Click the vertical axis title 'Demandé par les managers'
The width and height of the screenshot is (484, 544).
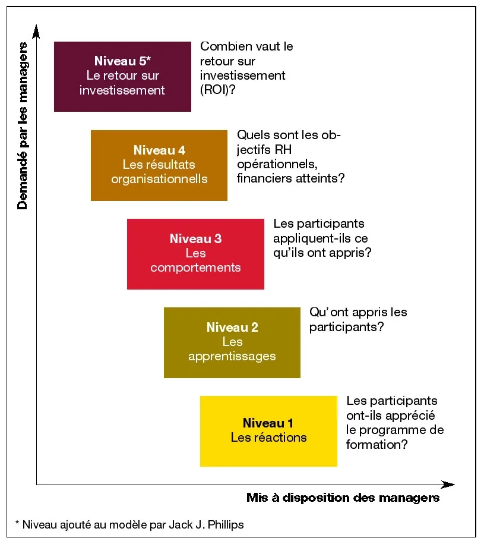(x=23, y=125)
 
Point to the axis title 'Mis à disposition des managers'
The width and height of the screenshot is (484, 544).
(x=343, y=498)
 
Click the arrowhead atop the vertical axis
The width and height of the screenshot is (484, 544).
(x=37, y=29)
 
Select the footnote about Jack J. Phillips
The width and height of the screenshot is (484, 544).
(x=129, y=524)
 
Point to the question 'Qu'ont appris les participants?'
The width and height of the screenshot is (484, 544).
(x=358, y=319)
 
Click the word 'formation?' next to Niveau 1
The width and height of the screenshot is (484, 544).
(x=377, y=444)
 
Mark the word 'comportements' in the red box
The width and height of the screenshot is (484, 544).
(x=195, y=268)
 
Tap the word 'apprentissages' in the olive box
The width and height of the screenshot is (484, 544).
(x=232, y=356)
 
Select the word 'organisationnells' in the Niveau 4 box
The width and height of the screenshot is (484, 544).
(x=159, y=179)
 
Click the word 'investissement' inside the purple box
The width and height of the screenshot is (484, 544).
(x=122, y=90)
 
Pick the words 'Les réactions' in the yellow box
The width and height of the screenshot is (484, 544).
(x=268, y=438)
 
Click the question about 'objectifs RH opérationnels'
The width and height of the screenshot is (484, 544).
(x=291, y=156)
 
